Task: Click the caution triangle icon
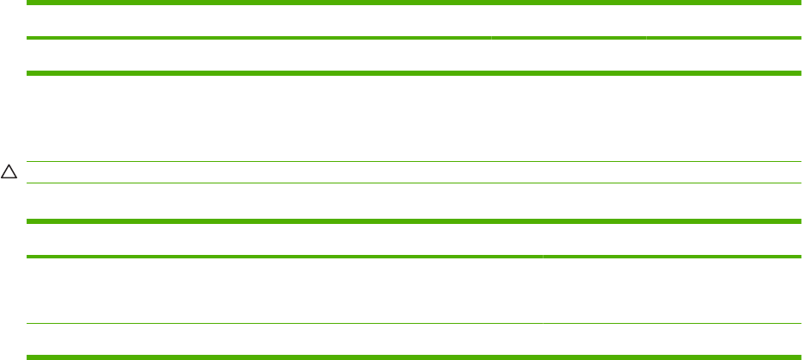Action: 9,172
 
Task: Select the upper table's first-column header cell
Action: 258,22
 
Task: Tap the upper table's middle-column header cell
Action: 568,22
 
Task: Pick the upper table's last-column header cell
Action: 723,22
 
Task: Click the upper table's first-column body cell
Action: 258,57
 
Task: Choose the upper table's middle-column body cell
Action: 568,57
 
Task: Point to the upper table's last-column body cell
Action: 723,57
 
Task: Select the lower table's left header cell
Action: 284,239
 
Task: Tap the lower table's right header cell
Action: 671,239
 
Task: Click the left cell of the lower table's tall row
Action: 284,290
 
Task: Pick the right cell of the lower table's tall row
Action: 671,290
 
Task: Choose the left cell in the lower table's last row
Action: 284,339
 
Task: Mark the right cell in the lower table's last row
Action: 671,339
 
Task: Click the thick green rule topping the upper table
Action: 413,3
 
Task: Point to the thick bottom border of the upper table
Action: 413,74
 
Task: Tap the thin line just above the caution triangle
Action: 413,162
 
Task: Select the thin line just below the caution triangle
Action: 413,183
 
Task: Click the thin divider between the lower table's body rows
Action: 413,324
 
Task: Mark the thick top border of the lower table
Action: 413,221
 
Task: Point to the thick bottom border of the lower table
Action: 413,356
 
